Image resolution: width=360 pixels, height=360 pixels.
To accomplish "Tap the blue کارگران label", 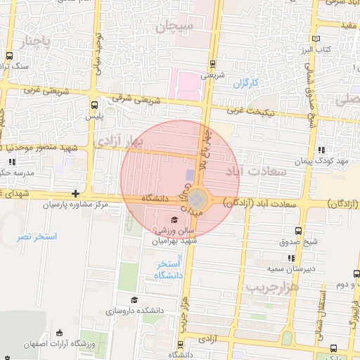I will point(246,83).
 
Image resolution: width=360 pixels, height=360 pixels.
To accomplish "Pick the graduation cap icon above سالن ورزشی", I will point(174,220).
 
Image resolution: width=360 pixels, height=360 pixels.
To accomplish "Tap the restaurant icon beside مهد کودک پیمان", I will point(321,150).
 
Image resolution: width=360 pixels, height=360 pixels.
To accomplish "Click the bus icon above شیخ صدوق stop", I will point(299,231).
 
